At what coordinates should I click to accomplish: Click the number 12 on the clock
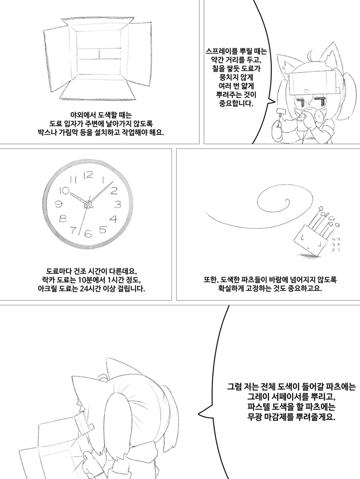88,175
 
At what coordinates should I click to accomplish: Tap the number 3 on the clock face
118,204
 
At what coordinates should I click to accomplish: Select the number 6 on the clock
88,234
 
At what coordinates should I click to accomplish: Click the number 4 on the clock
114,219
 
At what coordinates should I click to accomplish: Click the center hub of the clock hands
88,204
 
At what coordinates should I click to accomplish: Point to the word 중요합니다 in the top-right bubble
236,103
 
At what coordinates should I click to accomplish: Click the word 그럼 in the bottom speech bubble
234,387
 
